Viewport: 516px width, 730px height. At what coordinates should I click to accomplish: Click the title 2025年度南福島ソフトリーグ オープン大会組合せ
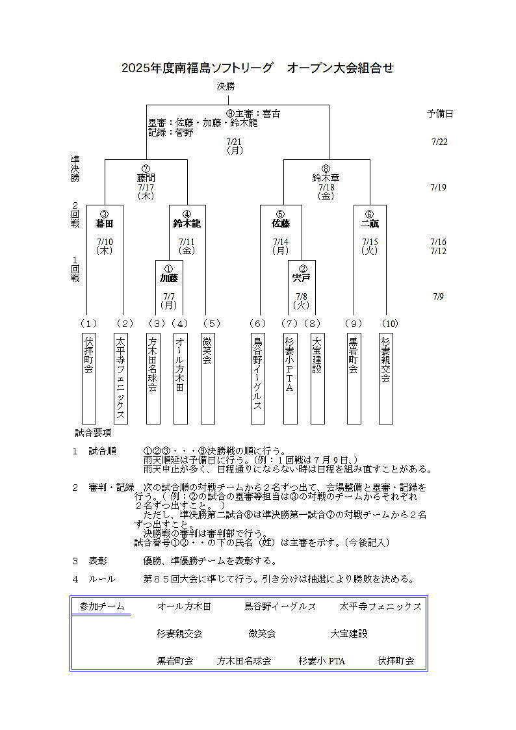(257, 68)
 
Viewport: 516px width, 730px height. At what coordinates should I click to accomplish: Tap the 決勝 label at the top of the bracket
(226, 86)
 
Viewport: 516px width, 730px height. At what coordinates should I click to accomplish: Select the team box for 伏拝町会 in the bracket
(88, 378)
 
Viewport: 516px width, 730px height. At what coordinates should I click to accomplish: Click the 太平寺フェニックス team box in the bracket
(120, 378)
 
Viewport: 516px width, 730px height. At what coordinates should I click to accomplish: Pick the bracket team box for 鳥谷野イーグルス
(258, 378)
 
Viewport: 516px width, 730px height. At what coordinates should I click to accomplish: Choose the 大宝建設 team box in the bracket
(317, 378)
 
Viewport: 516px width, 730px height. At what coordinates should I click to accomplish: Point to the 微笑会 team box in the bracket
(207, 378)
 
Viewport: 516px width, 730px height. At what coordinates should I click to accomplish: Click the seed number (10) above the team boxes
(390, 323)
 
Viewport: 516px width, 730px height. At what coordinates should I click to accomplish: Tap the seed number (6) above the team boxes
(258, 323)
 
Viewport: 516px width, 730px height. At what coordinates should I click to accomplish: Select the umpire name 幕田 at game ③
(104, 224)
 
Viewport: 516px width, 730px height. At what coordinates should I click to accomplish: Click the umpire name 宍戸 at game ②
(302, 278)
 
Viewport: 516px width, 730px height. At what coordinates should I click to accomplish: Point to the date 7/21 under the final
(234, 142)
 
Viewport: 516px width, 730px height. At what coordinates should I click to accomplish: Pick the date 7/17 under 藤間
(146, 187)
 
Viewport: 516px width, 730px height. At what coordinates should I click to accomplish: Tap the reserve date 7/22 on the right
(439, 142)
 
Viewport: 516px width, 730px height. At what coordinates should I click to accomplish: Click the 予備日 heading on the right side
(440, 114)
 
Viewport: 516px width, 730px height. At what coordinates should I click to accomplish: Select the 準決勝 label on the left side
(75, 168)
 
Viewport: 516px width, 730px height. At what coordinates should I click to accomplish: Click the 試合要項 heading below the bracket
(93, 432)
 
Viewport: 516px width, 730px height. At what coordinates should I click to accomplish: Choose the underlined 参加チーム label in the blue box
(102, 606)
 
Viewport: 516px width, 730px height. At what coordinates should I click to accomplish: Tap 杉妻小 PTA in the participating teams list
(322, 661)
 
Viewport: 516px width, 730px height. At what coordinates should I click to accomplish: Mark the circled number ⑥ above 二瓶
(370, 214)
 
